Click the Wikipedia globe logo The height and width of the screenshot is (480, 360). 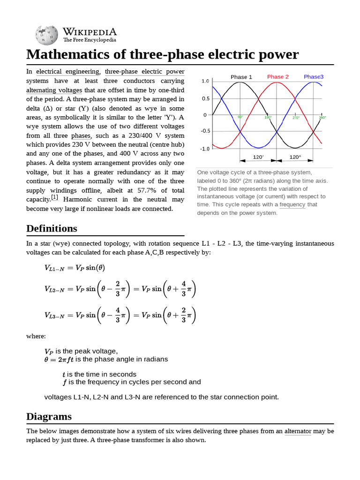tap(46, 35)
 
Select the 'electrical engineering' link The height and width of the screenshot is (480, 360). tap(68, 72)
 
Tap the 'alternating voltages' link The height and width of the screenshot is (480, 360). tap(54, 90)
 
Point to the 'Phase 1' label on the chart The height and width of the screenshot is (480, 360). tap(241, 77)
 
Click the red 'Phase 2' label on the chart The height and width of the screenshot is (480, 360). tap(278, 77)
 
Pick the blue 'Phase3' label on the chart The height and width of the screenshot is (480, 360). tap(313, 77)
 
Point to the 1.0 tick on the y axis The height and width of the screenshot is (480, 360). tap(205, 82)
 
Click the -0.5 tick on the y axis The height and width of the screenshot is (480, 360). tap(205, 132)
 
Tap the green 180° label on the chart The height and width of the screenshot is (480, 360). tap(268, 117)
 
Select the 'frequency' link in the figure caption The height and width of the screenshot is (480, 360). tap(292, 205)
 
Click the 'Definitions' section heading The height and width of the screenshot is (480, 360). tap(52, 229)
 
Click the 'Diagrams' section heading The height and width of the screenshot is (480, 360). tap(49, 416)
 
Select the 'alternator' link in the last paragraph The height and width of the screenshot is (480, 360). tap(298, 431)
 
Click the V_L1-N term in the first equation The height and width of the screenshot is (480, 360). tap(54, 268)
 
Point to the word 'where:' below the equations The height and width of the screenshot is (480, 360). tap(36, 337)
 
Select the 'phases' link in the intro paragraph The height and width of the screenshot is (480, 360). tap(81, 136)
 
